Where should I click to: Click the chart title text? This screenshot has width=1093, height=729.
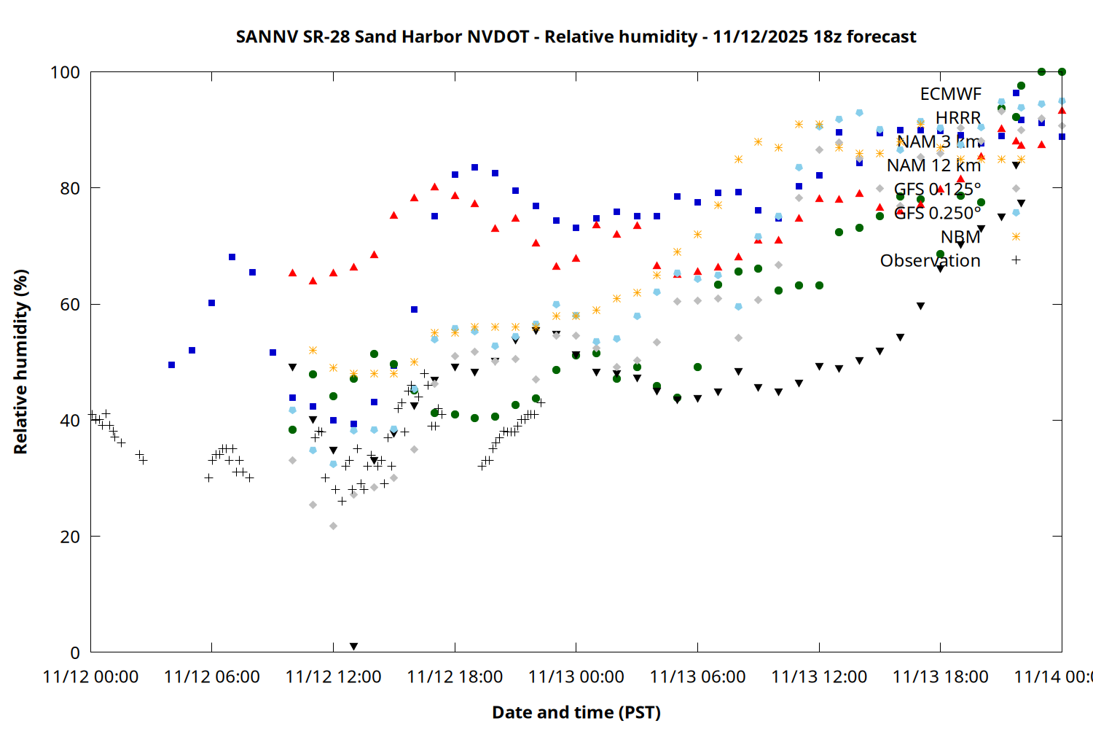[576, 36]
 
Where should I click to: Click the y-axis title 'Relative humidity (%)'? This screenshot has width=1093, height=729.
[20, 362]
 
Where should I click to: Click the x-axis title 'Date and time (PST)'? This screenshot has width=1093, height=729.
[576, 712]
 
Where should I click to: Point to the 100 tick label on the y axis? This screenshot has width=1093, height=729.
[65, 72]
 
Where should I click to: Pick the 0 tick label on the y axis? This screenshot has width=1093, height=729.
[74, 652]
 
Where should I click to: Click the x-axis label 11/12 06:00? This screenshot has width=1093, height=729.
[212, 677]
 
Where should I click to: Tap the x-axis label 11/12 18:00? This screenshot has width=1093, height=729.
[455, 677]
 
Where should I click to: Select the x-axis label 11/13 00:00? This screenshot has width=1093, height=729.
[576, 677]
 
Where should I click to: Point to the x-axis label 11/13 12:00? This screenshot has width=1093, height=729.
[819, 677]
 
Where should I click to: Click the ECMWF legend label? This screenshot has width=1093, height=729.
[950, 94]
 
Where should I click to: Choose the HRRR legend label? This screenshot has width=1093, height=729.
[958, 118]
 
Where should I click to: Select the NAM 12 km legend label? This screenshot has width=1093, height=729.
[933, 165]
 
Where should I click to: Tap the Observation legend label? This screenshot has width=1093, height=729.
[930, 260]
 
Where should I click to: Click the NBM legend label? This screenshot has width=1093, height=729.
[960, 237]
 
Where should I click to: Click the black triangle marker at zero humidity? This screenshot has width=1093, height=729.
[353, 647]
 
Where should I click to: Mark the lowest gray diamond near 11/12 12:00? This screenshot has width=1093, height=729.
[333, 526]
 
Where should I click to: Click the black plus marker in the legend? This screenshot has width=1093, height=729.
[1016, 260]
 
